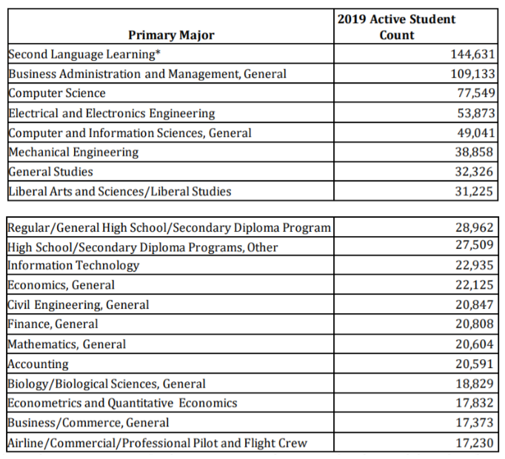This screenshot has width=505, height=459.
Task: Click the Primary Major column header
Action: (171, 35)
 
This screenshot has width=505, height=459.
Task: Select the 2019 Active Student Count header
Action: (396, 27)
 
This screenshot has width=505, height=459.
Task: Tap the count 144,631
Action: (472, 54)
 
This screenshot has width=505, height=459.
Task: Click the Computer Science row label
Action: (57, 93)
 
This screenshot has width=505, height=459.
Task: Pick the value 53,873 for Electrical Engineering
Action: (475, 113)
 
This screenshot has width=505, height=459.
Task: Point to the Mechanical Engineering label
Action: (73, 152)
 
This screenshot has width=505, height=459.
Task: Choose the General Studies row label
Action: (50, 171)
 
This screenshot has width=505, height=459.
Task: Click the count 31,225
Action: (474, 191)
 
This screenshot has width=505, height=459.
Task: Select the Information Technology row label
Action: (73, 266)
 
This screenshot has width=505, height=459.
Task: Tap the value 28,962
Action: (474, 228)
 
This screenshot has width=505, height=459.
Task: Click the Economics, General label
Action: (61, 285)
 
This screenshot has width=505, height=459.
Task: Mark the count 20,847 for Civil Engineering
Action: (474, 304)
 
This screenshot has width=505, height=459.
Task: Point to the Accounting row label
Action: (38, 364)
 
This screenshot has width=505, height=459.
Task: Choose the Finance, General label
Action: (53, 324)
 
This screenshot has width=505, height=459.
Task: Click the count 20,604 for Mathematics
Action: (474, 344)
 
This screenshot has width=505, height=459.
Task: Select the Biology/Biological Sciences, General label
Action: (107, 384)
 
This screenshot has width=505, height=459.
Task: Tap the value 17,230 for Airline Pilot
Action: (475, 443)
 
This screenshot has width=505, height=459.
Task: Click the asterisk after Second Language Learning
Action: (158, 52)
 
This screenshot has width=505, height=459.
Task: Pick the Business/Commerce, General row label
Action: (88, 423)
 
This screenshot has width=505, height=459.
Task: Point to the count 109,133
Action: (472, 74)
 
